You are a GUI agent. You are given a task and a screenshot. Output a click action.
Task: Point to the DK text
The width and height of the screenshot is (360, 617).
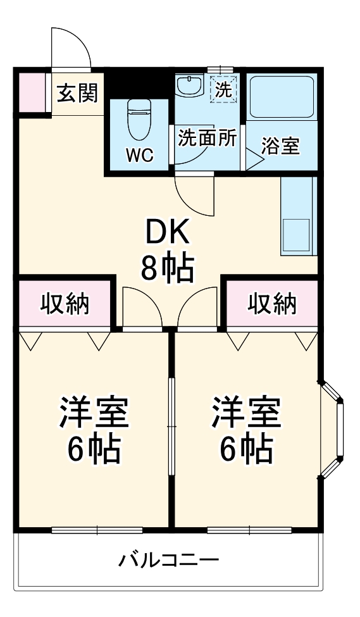coord(167,234)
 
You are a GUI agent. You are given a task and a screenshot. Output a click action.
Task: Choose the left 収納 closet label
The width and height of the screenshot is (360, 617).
coord(66,304)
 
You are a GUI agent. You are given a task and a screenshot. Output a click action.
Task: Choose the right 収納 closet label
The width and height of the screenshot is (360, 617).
coord(272,304)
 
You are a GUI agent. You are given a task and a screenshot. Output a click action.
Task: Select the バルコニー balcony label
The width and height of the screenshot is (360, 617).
coord(168,560)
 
